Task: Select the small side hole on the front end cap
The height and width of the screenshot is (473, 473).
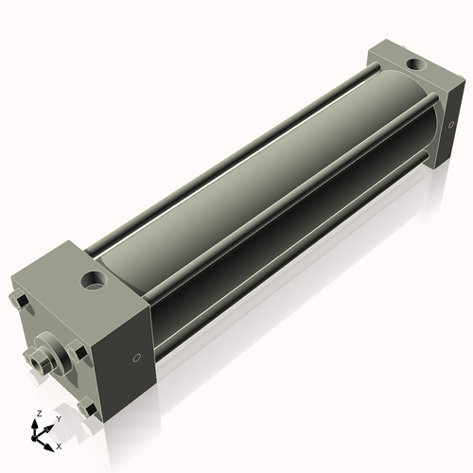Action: (138, 358)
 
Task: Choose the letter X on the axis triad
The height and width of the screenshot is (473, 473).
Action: (59, 445)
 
